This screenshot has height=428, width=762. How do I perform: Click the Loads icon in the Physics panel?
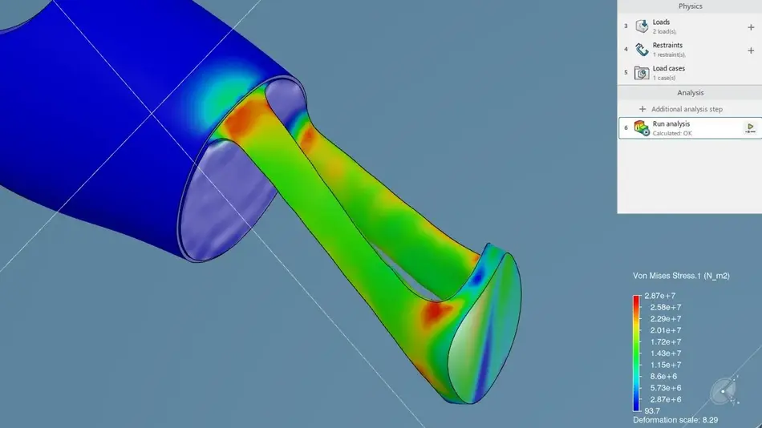pyautogui.click(x=642, y=26)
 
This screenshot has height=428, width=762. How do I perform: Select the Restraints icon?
pyautogui.click(x=642, y=50)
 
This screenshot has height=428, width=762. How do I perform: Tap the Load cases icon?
pyautogui.click(x=642, y=73)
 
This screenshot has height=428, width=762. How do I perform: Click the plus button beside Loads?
pyautogui.click(x=751, y=27)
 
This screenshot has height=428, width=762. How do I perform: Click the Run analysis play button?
pyautogui.click(x=750, y=127)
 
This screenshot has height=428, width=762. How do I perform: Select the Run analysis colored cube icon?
pyautogui.click(x=642, y=128)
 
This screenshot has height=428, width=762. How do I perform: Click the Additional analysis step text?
pyautogui.click(x=687, y=109)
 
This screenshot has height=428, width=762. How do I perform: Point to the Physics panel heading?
pyautogui.click(x=690, y=6)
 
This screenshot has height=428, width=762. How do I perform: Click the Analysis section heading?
pyautogui.click(x=690, y=93)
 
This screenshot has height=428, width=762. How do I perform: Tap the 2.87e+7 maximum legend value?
pyautogui.click(x=659, y=296)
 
